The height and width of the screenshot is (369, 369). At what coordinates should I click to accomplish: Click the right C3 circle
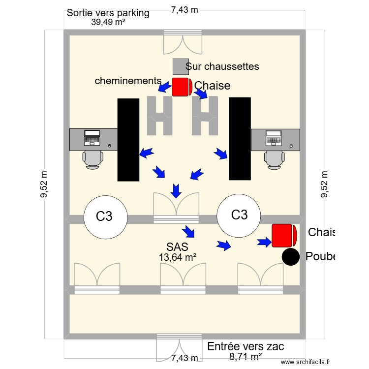[x=239, y=215]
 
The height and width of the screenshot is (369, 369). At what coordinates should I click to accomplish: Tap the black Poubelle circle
[x=291, y=257]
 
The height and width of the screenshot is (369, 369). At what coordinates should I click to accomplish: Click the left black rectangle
[x=128, y=140]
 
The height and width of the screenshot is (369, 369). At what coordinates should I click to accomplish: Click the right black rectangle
[x=240, y=138]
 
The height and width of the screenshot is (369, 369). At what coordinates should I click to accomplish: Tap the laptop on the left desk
[x=92, y=137]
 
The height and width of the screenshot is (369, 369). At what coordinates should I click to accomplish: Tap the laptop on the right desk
[x=273, y=137]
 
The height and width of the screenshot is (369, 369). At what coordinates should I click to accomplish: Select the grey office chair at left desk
[x=92, y=159]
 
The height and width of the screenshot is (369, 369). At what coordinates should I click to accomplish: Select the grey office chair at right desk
[x=274, y=159]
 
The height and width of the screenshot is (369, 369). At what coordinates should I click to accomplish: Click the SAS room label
[x=178, y=246]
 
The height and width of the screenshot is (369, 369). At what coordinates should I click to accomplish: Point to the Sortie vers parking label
[x=108, y=13]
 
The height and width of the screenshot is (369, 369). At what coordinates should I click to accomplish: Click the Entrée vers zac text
[x=246, y=346]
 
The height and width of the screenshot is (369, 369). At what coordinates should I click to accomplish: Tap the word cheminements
[x=128, y=81]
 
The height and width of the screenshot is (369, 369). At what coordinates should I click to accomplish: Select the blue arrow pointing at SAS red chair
[x=264, y=241]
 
